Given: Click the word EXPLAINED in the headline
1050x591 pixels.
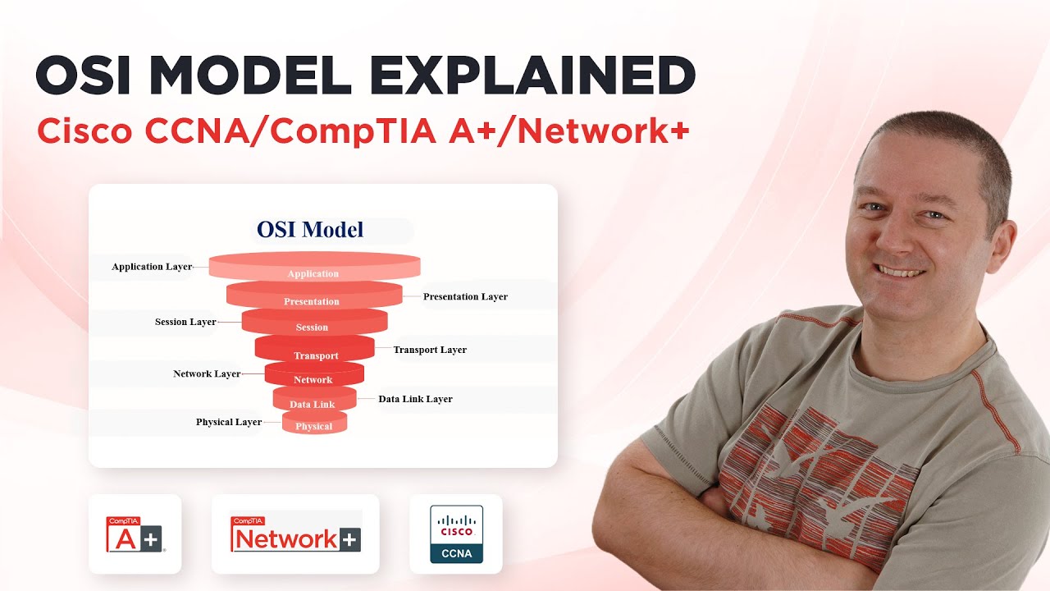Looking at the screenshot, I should (532, 76).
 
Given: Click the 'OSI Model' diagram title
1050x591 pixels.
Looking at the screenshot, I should (310, 229).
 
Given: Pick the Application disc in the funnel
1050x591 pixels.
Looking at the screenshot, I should (314, 268).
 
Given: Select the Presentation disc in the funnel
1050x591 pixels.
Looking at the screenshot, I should (313, 296).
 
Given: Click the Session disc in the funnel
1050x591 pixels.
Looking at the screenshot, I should (313, 323).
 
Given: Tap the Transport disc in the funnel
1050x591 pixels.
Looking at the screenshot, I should (315, 350).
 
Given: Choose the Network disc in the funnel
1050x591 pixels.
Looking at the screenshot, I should (313, 375).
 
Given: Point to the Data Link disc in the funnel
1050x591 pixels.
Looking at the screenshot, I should (313, 400).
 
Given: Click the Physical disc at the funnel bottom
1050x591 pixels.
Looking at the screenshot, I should (314, 424).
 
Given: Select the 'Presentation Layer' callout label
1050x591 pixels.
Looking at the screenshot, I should (465, 296).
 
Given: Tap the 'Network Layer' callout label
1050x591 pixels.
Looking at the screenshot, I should (207, 373).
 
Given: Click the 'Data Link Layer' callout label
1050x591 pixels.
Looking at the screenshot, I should (415, 399).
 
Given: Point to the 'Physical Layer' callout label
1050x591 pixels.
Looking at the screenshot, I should (229, 422).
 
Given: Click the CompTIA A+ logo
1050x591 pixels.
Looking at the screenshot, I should (135, 534).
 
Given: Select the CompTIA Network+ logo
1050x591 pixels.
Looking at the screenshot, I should (295, 534).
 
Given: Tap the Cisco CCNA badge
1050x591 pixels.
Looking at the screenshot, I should (456, 534).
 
